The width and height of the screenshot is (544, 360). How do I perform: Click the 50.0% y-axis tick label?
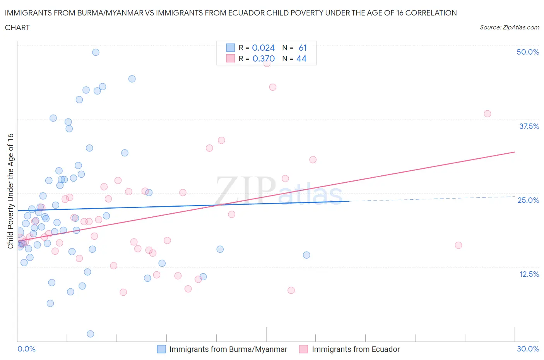[x=527, y=52]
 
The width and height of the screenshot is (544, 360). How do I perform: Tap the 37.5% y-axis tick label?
[x=529, y=126]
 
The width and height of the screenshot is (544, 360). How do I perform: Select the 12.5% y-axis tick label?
[x=529, y=274]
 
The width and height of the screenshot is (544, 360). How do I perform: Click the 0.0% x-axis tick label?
[x=26, y=349]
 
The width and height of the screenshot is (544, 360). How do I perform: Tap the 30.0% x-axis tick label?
[x=528, y=349]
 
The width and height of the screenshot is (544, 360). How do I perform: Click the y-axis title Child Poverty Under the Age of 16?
[x=10, y=191]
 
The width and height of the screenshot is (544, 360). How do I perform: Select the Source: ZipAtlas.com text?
[x=509, y=27]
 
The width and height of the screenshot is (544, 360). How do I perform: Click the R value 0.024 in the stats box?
[x=263, y=48]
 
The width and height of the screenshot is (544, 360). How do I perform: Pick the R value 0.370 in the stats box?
[x=263, y=58]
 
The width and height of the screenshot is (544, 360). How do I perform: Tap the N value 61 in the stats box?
[x=303, y=48]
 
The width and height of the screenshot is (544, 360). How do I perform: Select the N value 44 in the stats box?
[x=301, y=58]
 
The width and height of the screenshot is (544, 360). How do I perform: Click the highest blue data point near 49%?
[x=96, y=52]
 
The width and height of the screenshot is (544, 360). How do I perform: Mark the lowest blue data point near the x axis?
[x=91, y=334]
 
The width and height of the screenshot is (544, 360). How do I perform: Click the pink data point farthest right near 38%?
[x=487, y=114]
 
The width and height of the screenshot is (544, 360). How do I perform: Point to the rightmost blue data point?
[x=306, y=255]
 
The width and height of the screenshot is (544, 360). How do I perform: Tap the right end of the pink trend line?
[x=515, y=152]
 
